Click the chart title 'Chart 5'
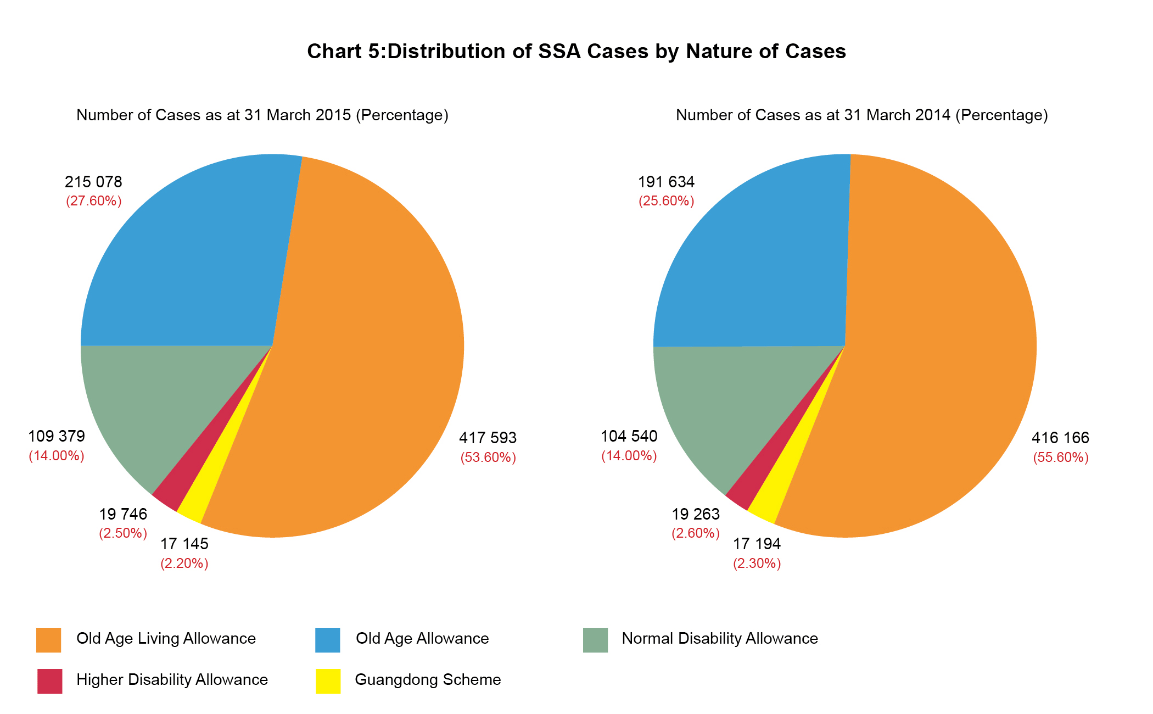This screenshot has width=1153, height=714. (576, 51)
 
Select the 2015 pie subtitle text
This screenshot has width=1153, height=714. (262, 115)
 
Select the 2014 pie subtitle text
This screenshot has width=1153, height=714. (861, 115)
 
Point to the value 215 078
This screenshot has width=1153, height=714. (93, 182)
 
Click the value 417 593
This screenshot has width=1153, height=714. (488, 438)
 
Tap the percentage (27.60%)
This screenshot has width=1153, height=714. (93, 201)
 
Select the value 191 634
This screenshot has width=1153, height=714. (666, 182)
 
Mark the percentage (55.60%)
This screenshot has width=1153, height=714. (1060, 458)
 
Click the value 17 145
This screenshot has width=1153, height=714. (184, 544)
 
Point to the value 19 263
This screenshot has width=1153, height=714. (695, 514)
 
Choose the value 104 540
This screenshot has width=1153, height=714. (629, 436)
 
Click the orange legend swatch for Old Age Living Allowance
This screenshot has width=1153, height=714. (48, 640)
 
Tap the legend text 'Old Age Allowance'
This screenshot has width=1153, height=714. (422, 638)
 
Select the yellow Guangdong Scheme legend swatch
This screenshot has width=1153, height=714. (328, 681)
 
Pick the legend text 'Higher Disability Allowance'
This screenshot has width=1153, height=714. (172, 679)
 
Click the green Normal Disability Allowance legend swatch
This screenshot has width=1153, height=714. (595, 640)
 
